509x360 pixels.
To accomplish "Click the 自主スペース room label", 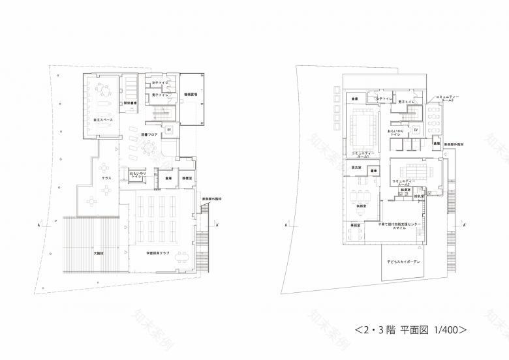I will point(96,122).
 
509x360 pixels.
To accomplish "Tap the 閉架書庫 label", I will point(129,103).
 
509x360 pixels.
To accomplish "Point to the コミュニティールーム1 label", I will point(362,154).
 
